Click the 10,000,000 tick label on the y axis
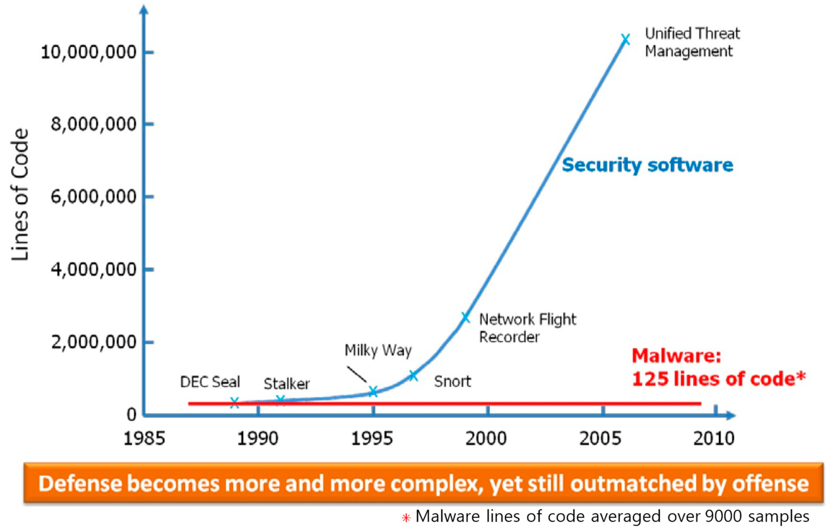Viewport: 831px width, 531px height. click(89, 52)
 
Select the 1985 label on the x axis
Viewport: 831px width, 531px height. click(144, 439)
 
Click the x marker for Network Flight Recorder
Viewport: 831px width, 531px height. click(465, 317)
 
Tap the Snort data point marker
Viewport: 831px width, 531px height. click(413, 376)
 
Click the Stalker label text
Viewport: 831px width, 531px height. click(287, 384)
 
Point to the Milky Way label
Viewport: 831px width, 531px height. click(378, 351)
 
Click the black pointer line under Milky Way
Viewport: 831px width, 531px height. click(357, 374)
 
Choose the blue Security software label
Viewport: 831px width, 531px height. click(647, 165)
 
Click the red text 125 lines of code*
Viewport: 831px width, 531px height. click(718, 379)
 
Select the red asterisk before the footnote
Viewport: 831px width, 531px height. click(406, 518)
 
